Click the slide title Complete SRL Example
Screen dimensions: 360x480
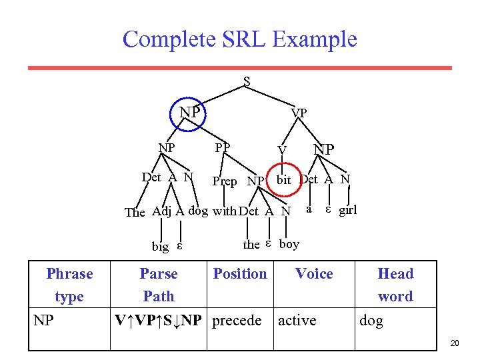coord(240,39)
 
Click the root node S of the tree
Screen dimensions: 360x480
coord(247,82)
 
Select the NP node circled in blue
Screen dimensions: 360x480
coord(190,112)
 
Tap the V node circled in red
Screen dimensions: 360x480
coord(283,151)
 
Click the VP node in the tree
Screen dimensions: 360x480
coord(299,113)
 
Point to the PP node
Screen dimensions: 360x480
coord(223,147)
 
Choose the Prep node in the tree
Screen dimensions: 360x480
coord(224,181)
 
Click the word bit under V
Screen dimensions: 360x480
coord(284,179)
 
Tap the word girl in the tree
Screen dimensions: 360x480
coord(348,210)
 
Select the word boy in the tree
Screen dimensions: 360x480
coord(289,244)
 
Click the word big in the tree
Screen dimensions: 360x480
coord(160,247)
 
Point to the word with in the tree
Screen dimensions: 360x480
coord(225,212)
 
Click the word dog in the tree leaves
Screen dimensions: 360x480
coord(199,211)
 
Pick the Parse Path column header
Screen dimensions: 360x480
coord(159,285)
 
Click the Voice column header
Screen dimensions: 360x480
coord(314,273)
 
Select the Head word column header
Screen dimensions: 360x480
coord(395,285)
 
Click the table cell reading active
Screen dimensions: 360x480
coord(297,321)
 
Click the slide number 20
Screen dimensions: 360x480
coord(455,343)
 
